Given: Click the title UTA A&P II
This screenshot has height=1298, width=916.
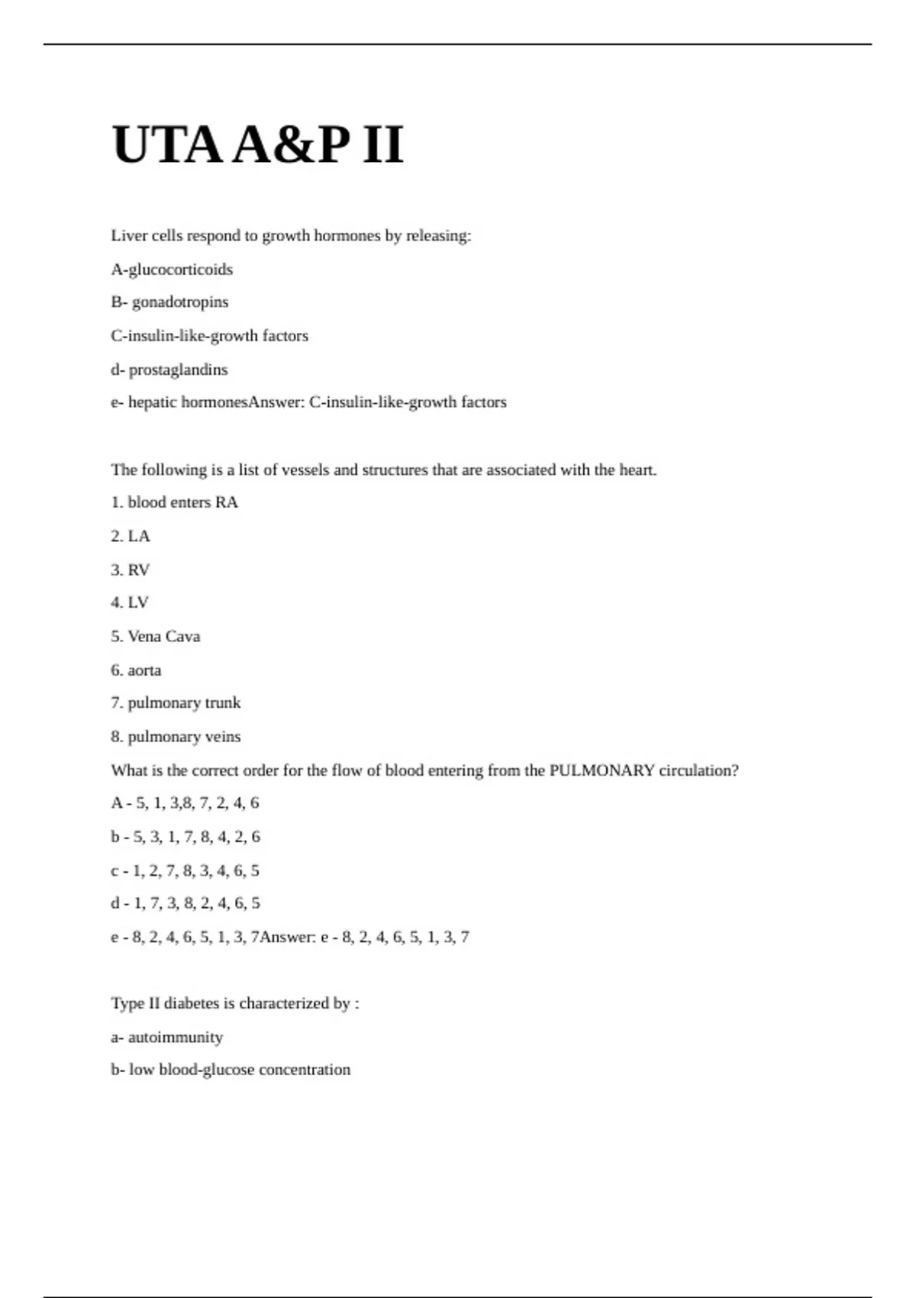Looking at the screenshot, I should (257, 144).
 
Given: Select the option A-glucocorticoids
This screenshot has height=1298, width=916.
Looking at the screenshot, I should (172, 270).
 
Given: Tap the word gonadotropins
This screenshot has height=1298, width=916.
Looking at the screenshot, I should (180, 302).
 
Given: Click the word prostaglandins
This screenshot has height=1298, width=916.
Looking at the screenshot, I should (178, 370).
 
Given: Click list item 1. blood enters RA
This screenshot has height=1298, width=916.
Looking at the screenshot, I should (174, 502).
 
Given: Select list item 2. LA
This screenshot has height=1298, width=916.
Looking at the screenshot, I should (131, 536).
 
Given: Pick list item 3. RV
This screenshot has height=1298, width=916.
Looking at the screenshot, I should (131, 570).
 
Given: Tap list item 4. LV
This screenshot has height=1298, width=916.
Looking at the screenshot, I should (130, 602).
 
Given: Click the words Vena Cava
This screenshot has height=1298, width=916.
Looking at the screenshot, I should (164, 636).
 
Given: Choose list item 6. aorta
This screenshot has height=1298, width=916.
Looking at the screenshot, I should (136, 670).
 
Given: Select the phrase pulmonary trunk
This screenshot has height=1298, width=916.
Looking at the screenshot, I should (184, 702).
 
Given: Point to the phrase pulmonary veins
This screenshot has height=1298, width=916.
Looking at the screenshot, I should (184, 737).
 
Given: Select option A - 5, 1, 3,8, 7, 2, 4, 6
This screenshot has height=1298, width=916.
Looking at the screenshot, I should (185, 803).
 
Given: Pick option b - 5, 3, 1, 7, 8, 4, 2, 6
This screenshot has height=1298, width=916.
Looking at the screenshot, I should (185, 837).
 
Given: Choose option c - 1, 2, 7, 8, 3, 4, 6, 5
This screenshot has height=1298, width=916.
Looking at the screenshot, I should (185, 870).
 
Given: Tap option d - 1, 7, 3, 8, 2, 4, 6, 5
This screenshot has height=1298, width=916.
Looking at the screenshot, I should (185, 903).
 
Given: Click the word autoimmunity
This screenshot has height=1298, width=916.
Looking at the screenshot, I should (176, 1038).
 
